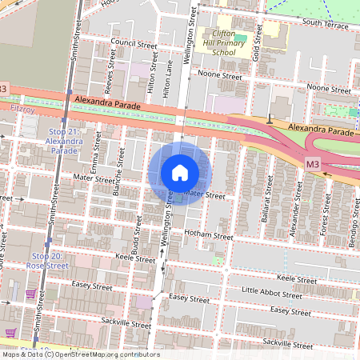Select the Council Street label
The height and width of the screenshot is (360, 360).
(x=134, y=46)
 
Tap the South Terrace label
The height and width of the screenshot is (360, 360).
(x=324, y=24)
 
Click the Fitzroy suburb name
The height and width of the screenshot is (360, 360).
(x=22, y=106)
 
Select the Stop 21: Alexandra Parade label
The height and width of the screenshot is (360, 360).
(x=64, y=140)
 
